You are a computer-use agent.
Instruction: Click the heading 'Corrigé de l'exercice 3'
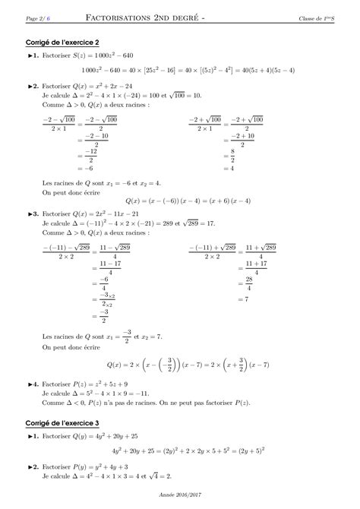coord(60,422)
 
